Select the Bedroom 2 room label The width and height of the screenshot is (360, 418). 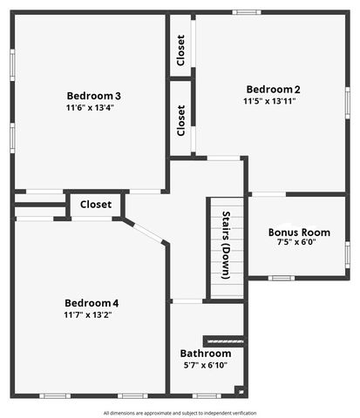(273, 89)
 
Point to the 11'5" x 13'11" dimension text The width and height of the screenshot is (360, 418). (269, 101)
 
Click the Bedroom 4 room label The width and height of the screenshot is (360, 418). (91, 303)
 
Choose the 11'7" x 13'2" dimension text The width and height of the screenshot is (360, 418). (88, 314)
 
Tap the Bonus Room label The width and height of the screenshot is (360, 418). (299, 233)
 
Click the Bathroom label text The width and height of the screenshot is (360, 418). (206, 354)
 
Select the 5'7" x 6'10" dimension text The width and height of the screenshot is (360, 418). (206, 365)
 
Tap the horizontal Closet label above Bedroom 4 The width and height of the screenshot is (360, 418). (96, 205)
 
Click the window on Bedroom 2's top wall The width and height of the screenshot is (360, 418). (247, 12)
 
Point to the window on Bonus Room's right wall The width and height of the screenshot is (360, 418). (347, 254)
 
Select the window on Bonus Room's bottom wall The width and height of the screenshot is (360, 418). (280, 278)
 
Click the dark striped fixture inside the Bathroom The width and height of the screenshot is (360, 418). (223, 340)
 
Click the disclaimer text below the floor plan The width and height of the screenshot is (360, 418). (180, 412)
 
